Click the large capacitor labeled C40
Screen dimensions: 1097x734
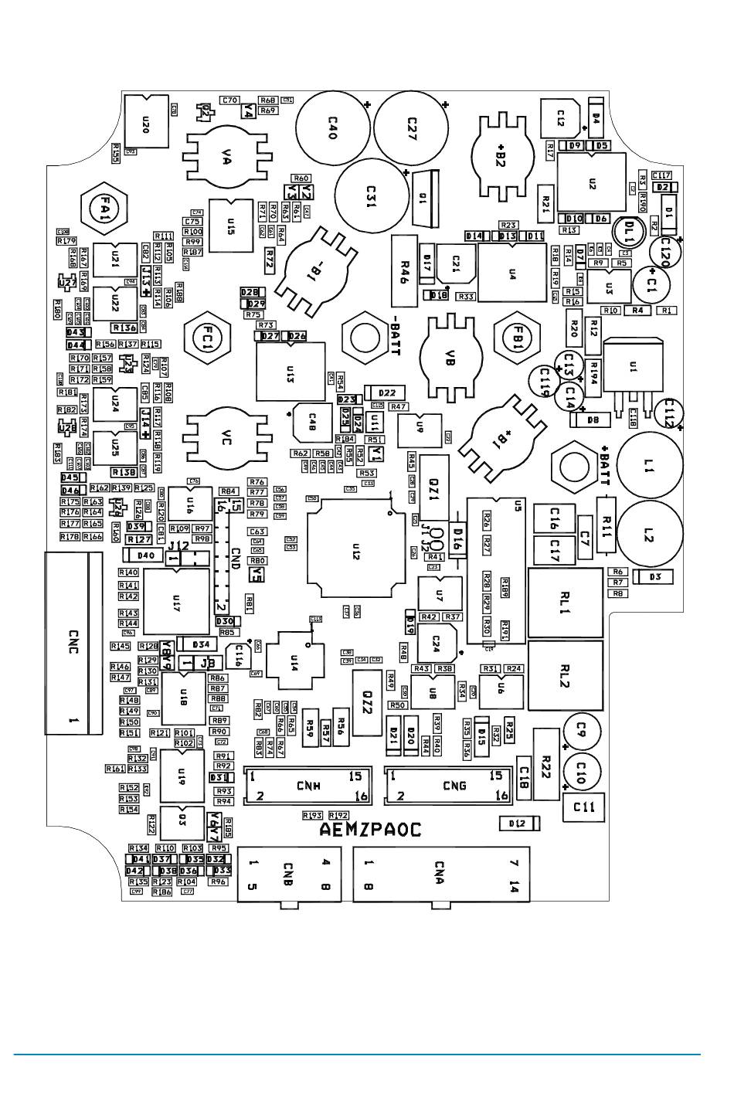331,127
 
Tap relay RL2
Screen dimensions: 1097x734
565,677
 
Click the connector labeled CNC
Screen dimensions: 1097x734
73,643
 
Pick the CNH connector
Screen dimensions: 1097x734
307,786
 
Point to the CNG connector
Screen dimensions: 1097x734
447,786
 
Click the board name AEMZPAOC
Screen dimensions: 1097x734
370,830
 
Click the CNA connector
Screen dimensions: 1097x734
441,875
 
